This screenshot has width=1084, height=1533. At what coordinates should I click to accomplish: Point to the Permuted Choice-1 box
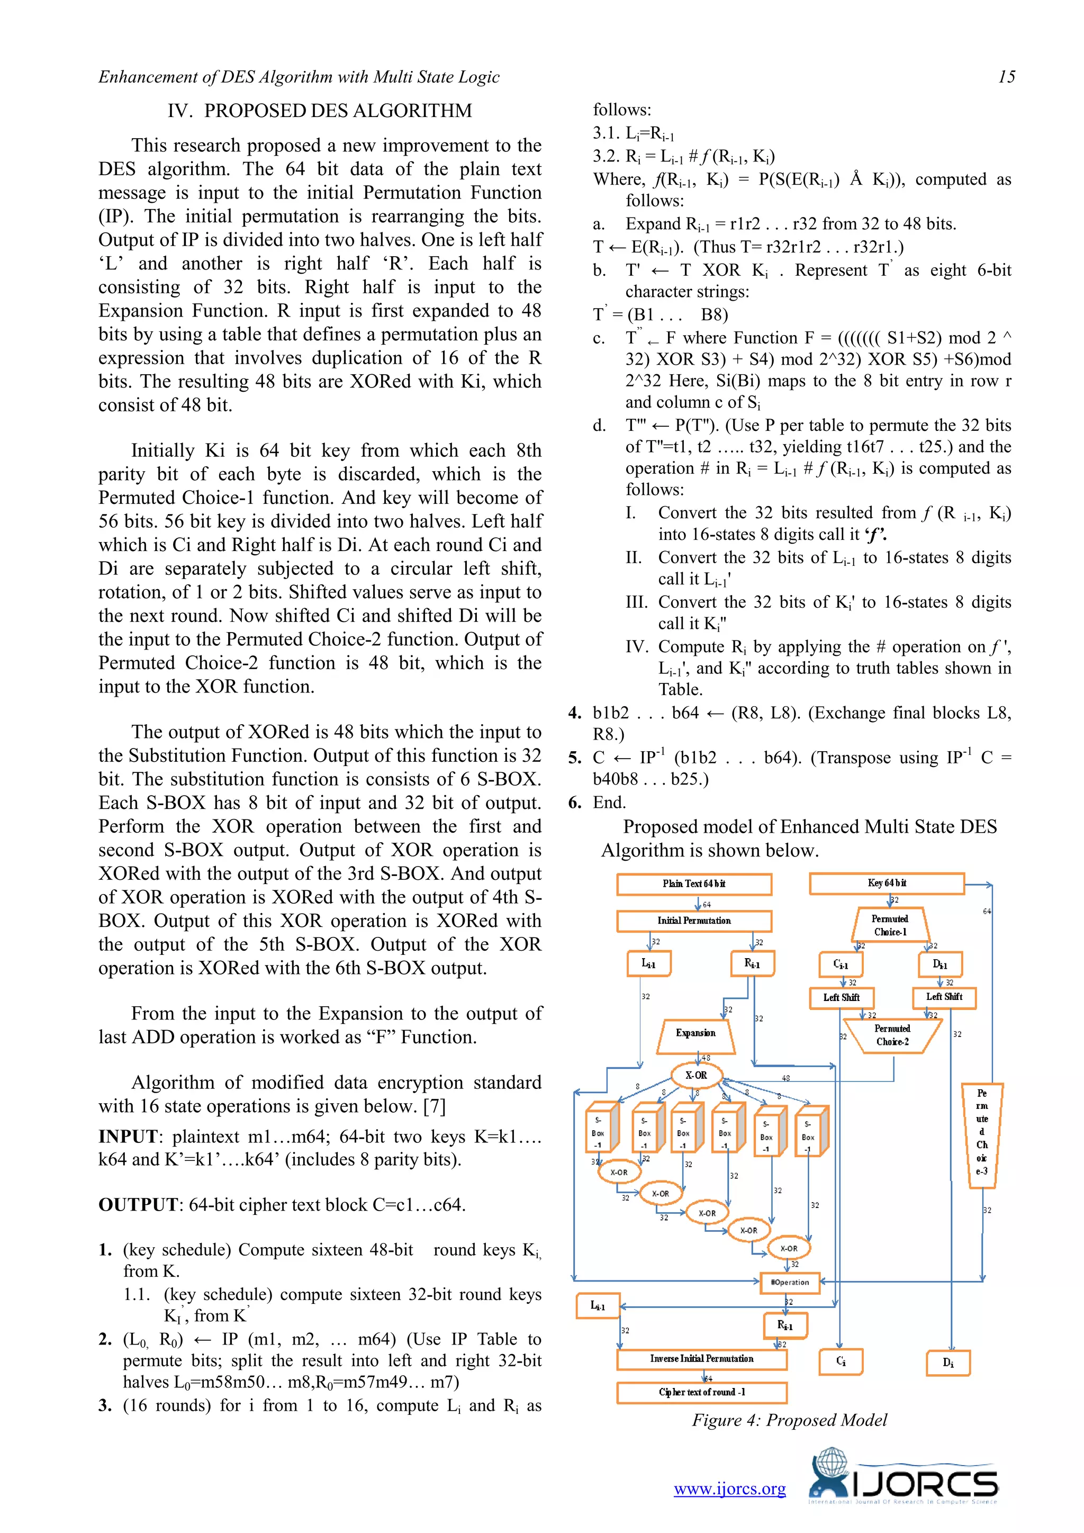click(889, 925)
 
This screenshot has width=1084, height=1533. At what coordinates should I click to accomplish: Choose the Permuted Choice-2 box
click(892, 1035)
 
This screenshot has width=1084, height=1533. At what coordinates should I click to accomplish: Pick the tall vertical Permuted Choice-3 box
click(981, 1135)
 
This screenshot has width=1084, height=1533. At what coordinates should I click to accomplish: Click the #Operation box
click(790, 1282)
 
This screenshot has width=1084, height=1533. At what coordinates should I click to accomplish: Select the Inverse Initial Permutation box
click(701, 1359)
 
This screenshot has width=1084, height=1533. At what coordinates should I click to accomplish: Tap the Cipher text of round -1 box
click(701, 1392)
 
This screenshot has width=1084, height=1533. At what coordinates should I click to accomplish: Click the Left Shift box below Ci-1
click(841, 997)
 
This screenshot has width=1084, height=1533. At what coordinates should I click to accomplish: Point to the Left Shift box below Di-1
click(944, 997)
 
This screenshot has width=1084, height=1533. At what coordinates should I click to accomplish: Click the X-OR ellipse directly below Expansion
click(696, 1076)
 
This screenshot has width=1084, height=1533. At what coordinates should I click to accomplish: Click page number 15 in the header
click(1006, 77)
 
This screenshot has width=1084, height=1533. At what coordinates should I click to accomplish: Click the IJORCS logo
click(903, 1479)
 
